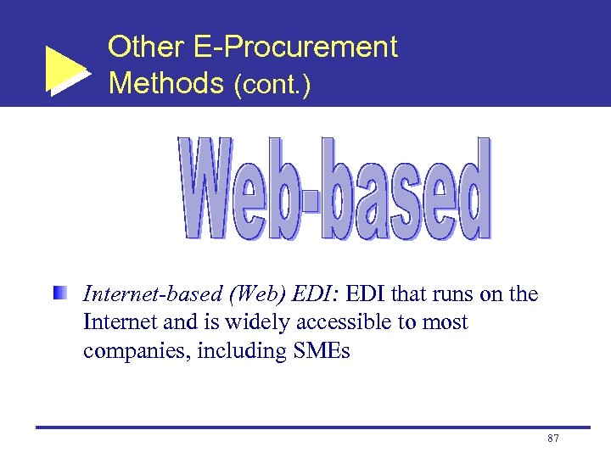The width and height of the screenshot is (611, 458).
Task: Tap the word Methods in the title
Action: pyautogui.click(x=165, y=83)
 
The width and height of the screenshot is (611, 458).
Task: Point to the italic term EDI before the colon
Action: pyautogui.click(x=314, y=294)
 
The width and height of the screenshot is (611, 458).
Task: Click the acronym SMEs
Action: pyautogui.click(x=317, y=350)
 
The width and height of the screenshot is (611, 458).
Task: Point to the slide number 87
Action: pyautogui.click(x=552, y=438)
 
